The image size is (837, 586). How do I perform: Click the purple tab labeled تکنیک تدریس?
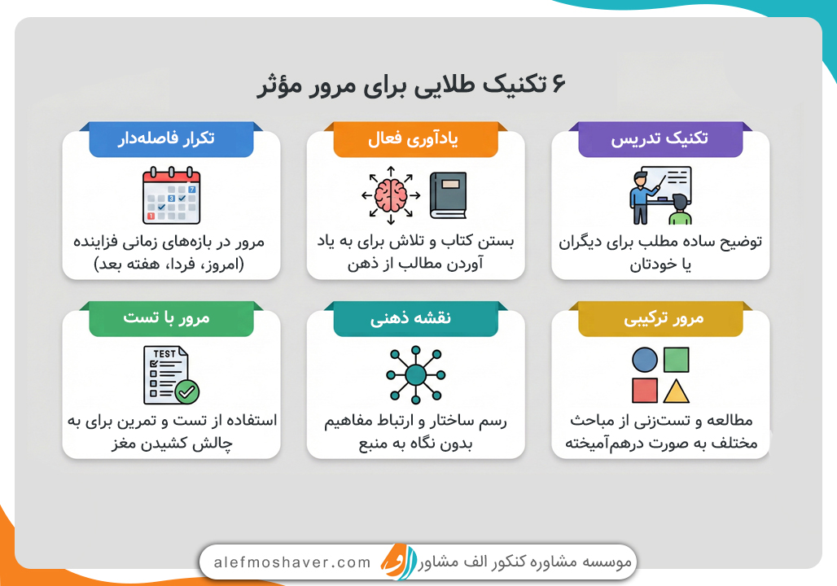660,139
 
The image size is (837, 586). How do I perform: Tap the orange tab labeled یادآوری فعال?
415,139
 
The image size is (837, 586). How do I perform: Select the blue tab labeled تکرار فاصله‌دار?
171,139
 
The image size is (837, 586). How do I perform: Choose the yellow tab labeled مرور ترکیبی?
660,319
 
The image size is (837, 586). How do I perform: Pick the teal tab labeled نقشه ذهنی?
415,319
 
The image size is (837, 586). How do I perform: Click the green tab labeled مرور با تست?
171,319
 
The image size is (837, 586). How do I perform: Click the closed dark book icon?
448,195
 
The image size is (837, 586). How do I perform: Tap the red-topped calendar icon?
171,195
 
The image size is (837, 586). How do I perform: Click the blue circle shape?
645,360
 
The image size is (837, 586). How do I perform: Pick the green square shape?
677,360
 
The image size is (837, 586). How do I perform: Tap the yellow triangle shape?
677,391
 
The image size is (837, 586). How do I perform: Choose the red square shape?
645,391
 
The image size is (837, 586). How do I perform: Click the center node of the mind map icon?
415,374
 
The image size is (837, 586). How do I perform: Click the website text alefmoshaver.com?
292,562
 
